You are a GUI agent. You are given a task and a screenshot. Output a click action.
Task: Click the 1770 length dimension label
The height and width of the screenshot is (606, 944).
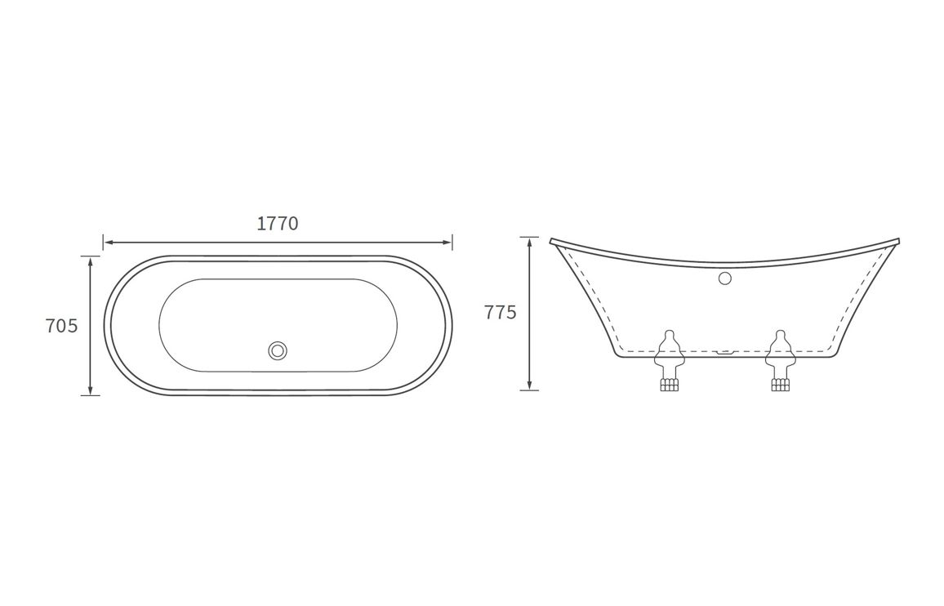pyautogui.click(x=278, y=224)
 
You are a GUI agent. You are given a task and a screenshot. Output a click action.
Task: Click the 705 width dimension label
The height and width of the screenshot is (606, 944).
pyautogui.click(x=62, y=326)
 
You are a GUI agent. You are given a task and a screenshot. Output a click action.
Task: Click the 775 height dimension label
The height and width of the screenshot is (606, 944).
pyautogui.click(x=501, y=313)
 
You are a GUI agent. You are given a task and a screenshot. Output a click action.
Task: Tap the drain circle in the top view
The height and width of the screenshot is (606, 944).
pyautogui.click(x=278, y=350)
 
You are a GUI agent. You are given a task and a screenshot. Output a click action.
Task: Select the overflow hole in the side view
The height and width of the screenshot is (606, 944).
pyautogui.click(x=725, y=278)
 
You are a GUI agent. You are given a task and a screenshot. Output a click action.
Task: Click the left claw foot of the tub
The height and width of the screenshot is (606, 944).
pyautogui.click(x=669, y=360)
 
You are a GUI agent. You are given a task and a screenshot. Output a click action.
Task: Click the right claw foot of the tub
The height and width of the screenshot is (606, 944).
pyautogui.click(x=780, y=360)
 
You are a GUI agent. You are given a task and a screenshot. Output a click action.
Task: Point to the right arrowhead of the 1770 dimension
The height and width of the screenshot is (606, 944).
pyautogui.click(x=448, y=243)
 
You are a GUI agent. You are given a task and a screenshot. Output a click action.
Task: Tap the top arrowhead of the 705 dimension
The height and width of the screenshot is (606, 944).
pyautogui.click(x=91, y=261)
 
